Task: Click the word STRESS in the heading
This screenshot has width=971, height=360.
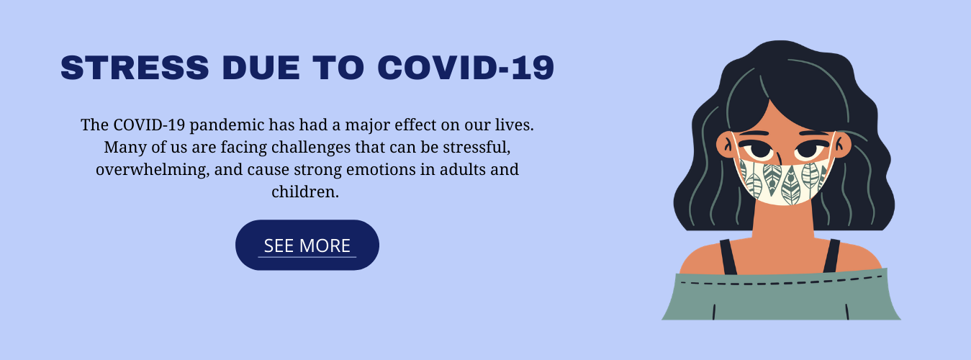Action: (135, 68)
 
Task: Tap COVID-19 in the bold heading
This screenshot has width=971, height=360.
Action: (466, 68)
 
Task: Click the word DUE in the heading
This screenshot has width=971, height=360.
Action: (261, 68)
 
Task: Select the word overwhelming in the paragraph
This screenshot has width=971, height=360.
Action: (153, 170)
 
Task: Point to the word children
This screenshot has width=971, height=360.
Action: (305, 192)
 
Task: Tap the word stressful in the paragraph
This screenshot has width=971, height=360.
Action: (477, 148)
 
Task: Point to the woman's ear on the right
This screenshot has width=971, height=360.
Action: (842, 145)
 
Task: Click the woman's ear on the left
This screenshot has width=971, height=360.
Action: (724, 145)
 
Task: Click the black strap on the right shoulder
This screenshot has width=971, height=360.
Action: (832, 256)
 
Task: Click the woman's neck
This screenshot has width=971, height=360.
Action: (783, 221)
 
